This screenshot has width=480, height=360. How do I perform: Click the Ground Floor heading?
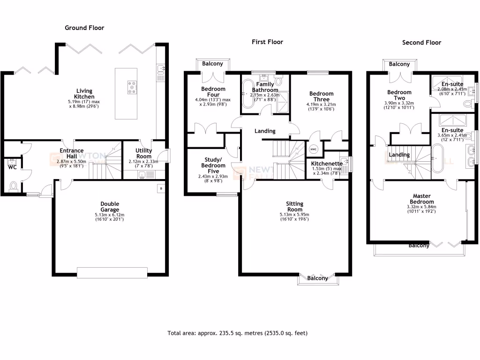point(84,28)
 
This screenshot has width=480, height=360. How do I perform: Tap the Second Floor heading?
point(421,42)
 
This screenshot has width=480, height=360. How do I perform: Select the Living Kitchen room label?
point(85,94)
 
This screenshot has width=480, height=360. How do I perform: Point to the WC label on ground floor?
point(12,167)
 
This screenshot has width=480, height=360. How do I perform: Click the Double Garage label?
point(110,207)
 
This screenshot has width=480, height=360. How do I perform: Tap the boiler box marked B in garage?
point(161,188)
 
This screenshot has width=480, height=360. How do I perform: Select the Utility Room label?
point(143,153)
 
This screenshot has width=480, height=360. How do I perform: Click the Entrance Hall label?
point(71,153)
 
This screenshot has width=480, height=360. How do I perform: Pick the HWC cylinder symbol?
point(314,150)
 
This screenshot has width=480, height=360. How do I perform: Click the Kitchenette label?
point(327,164)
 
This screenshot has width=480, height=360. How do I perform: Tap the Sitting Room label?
point(294,207)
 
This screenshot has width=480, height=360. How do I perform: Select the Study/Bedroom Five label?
point(213,162)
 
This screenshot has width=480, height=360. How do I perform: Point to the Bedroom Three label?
point(321,96)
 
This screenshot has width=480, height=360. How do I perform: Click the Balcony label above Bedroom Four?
point(213,64)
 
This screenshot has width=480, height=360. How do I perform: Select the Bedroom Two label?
point(399,95)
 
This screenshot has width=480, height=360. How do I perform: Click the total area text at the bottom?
point(237,333)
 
